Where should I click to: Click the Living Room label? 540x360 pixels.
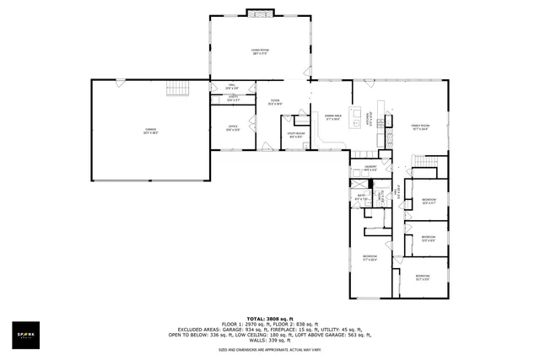[260, 51]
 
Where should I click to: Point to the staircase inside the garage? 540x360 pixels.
[177, 89]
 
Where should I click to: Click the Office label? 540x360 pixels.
[232, 128]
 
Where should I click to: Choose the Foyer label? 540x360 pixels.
[275, 102]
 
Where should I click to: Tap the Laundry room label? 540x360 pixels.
[369, 169]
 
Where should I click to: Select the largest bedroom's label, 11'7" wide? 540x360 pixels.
[370, 258]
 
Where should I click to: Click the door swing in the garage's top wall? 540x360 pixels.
[121, 83]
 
